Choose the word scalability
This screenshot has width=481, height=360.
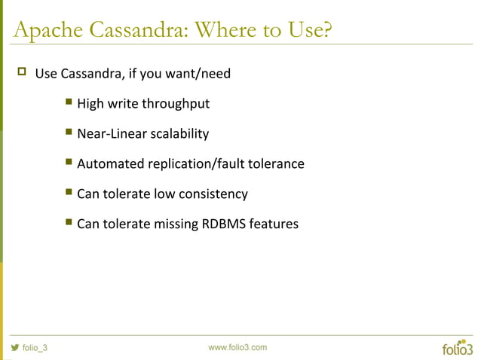tap(179, 133)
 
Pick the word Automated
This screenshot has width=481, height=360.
tap(109, 163)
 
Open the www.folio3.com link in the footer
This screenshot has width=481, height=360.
tap(237, 347)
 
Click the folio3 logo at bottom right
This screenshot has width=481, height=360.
tap(457, 347)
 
